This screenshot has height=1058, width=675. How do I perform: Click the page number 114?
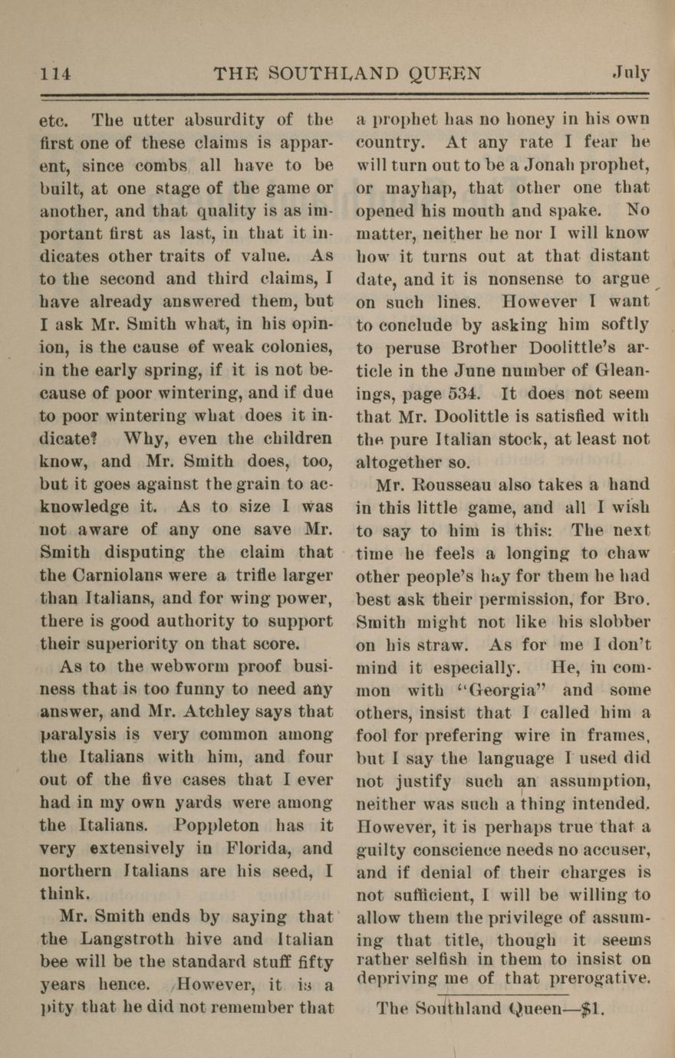pos(56,74)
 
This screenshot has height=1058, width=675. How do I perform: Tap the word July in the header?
pos(631,74)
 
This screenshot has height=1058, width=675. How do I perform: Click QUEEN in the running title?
pos(445,74)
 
